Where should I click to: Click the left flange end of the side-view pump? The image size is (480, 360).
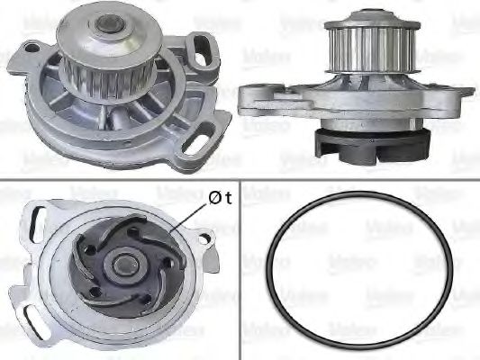pos(248,94)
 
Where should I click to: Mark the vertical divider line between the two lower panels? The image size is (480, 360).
pos(240,270)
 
